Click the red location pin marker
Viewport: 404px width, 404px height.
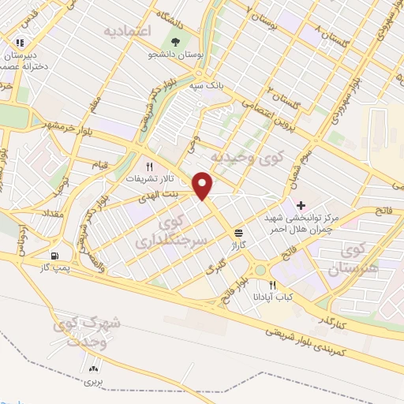click(204, 185)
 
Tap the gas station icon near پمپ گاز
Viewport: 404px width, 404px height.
click(54, 256)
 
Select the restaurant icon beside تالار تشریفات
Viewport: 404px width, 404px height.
click(149, 166)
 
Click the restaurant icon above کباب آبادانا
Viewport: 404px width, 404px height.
click(273, 286)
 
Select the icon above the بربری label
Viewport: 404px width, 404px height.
click(95, 368)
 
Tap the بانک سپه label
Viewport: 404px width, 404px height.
click(208, 81)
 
